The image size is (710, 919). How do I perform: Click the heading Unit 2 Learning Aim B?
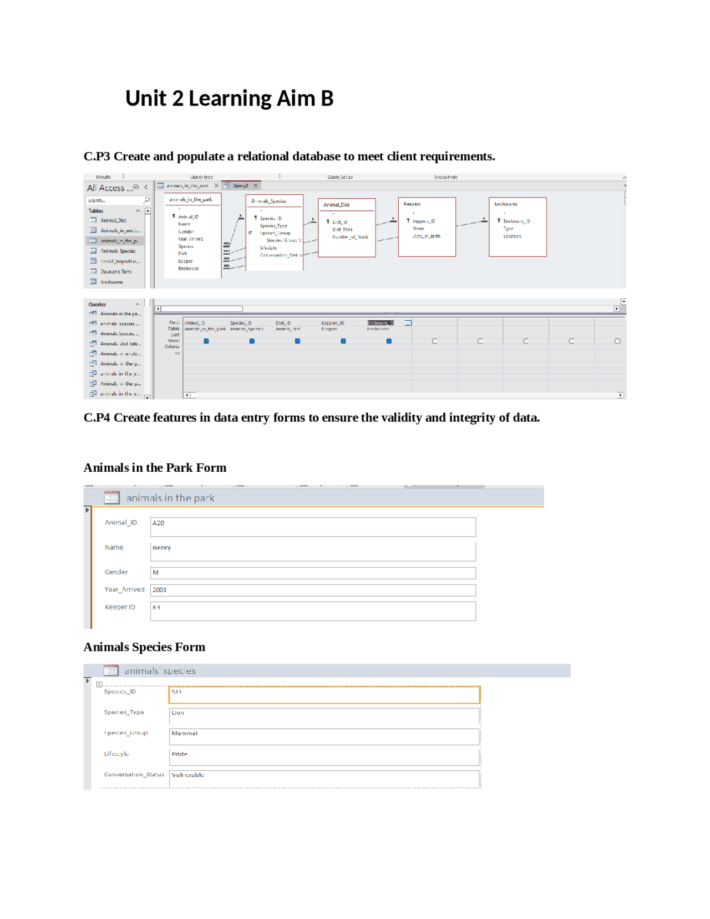click(229, 99)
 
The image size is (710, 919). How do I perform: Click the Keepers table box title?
click(412, 204)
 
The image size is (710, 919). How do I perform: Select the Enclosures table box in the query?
click(518, 227)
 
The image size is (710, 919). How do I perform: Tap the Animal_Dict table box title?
click(337, 205)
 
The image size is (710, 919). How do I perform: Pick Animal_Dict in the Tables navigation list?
click(113, 220)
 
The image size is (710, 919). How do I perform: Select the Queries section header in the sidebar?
click(98, 304)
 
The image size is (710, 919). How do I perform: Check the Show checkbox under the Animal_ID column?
click(206, 341)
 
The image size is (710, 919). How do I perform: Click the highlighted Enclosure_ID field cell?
click(381, 322)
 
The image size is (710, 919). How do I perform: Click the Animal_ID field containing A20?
click(312, 526)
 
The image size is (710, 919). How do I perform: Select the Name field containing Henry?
click(312, 551)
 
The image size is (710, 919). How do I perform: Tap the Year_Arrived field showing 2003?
click(312, 590)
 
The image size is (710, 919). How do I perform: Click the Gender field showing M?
click(312, 573)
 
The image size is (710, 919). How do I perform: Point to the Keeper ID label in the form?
click(120, 607)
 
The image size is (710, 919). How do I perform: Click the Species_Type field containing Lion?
click(323, 716)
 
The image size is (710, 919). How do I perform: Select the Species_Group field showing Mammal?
click(323, 736)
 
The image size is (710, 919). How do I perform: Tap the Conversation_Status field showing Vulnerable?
click(323, 778)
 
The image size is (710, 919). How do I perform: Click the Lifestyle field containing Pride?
click(323, 757)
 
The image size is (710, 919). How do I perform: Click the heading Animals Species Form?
click(144, 647)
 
